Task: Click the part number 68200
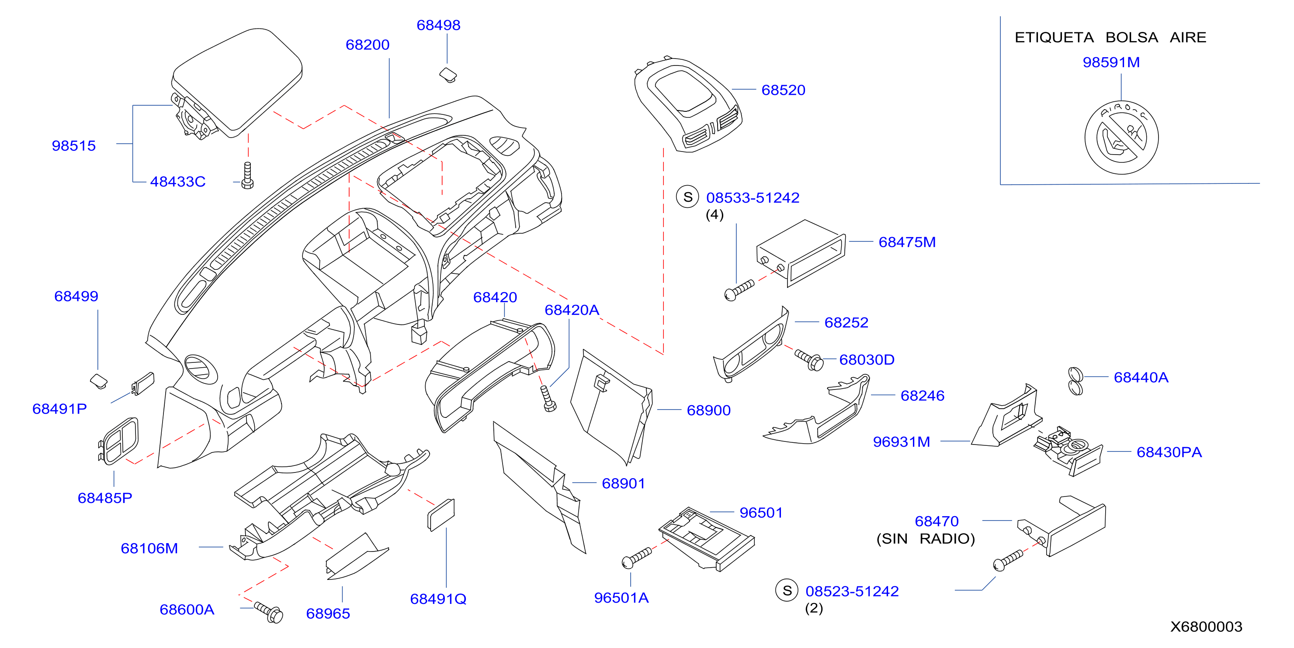(x=367, y=45)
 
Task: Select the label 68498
(x=438, y=25)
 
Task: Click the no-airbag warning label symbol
(x=1121, y=138)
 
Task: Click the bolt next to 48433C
(x=247, y=175)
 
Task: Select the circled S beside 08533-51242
(x=688, y=197)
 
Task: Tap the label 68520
(x=783, y=90)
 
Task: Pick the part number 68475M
(x=907, y=242)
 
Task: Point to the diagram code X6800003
(x=1206, y=627)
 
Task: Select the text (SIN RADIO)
(x=925, y=538)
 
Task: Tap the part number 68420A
(x=572, y=310)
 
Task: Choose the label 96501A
(x=621, y=598)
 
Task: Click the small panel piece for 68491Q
(x=441, y=514)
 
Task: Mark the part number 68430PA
(x=1169, y=452)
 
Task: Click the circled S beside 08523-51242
(x=787, y=591)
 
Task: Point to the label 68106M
(x=149, y=548)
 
